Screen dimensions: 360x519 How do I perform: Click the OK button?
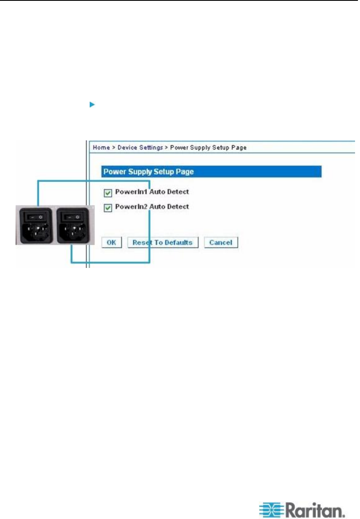pos(111,242)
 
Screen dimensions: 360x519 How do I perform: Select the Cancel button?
pos(221,242)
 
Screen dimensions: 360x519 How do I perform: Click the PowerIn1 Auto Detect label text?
pos(152,192)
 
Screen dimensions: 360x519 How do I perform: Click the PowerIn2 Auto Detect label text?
pos(152,207)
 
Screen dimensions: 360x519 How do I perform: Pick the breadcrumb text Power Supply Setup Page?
pos(208,147)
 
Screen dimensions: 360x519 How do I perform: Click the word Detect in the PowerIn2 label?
pos(178,207)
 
